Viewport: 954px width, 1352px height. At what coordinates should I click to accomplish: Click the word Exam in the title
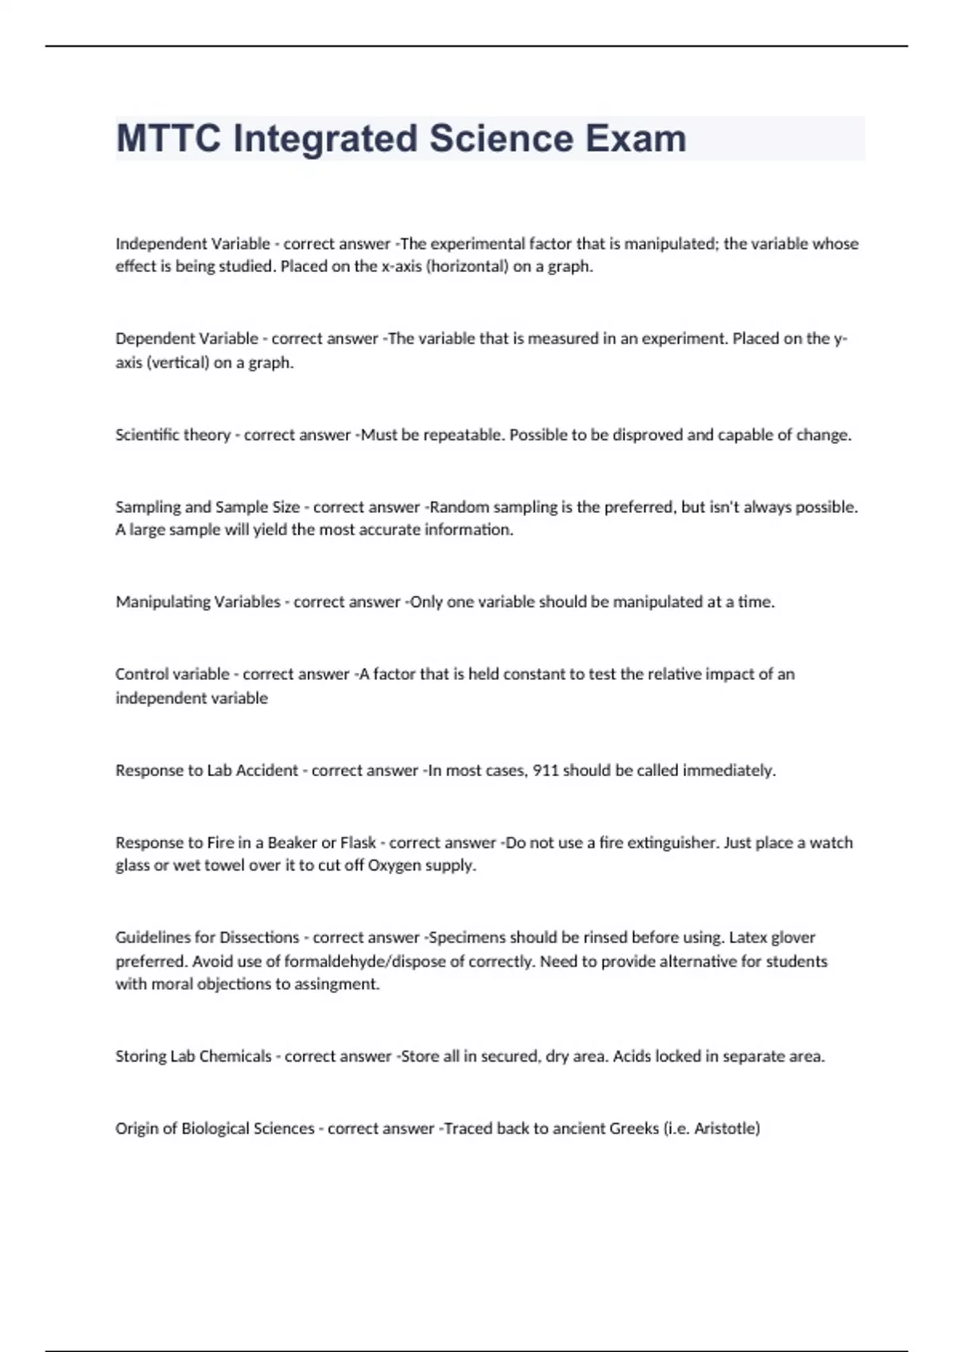[636, 138]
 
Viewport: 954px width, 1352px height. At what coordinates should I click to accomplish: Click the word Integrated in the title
[325, 138]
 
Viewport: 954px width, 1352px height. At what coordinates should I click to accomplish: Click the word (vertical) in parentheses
[179, 363]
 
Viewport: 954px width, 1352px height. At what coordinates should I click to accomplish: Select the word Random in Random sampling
[457, 507]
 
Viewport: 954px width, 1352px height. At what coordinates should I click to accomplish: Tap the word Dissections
[259, 938]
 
